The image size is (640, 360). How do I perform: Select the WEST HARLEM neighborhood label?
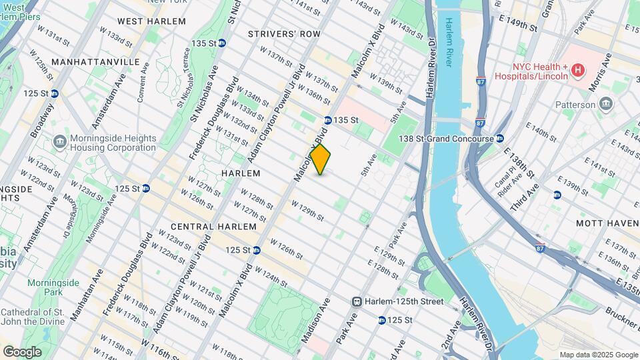point(151,21)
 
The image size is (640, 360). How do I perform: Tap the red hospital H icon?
point(578,70)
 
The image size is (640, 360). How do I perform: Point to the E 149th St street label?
point(519,25)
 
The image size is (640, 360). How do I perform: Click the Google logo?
point(22,351)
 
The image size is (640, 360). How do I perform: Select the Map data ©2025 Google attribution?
point(598,355)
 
